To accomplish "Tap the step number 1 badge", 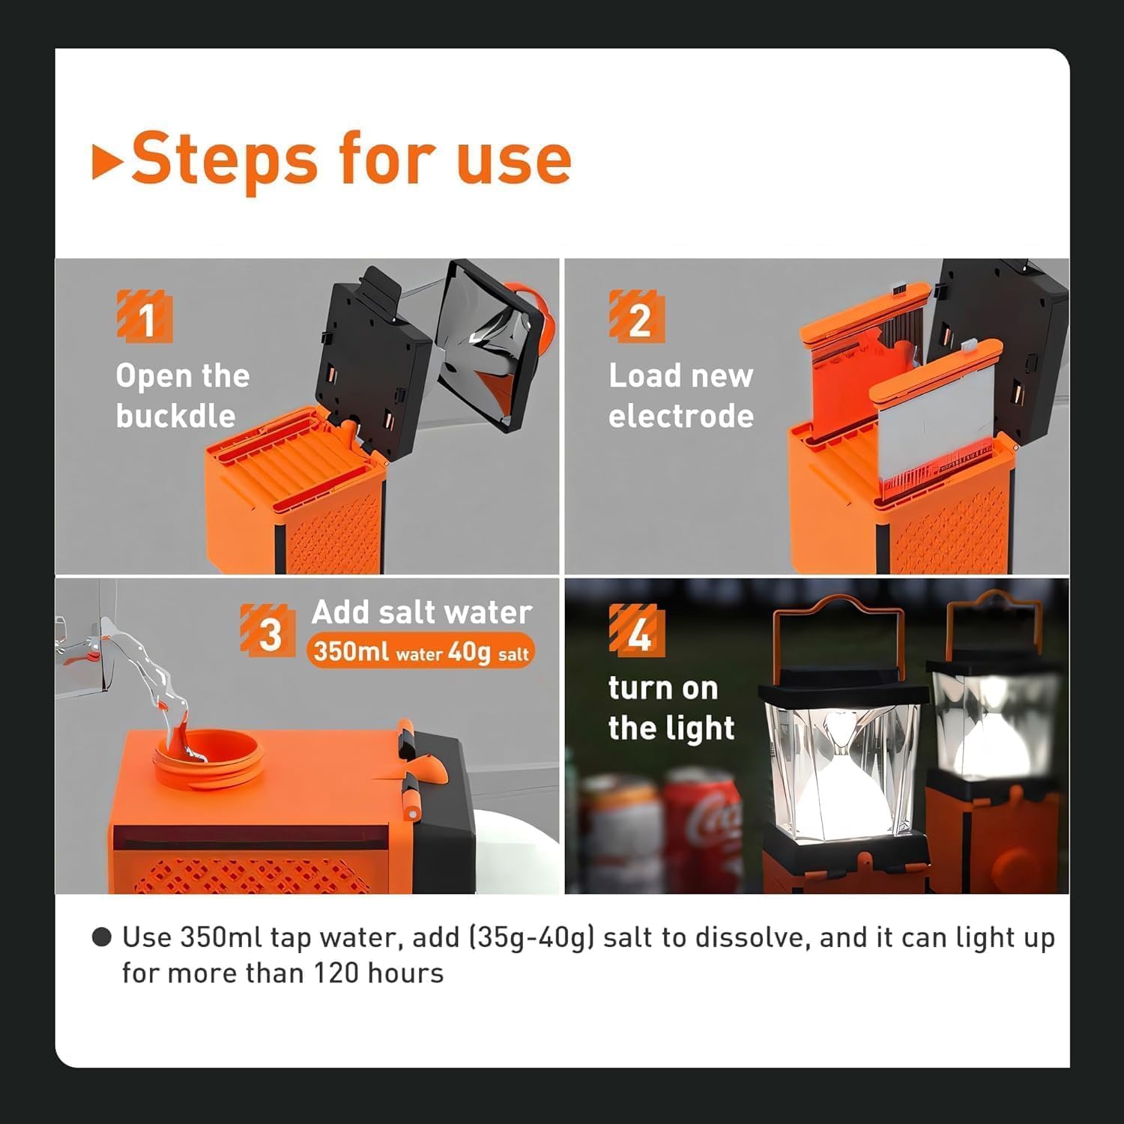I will pyautogui.click(x=145, y=318).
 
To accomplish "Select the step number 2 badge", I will pyautogui.click(x=637, y=318).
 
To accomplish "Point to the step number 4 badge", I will pyautogui.click(x=637, y=632).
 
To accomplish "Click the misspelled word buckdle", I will pyautogui.click(x=175, y=416).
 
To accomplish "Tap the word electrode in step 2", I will pyautogui.click(x=680, y=416).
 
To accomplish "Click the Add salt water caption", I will pyautogui.click(x=421, y=612).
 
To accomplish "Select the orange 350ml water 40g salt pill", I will pyautogui.click(x=421, y=651).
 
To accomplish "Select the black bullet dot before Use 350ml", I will pyautogui.click(x=101, y=937).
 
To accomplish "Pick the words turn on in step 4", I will pyautogui.click(x=662, y=688).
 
